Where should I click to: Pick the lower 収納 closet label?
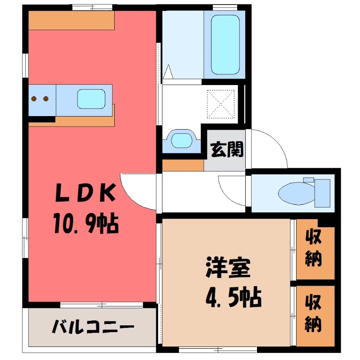(313, 313)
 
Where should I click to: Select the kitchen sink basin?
(91, 99)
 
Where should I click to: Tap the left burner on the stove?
(34, 99)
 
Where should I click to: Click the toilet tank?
(322, 192)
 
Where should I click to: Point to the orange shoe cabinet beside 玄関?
(183, 165)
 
